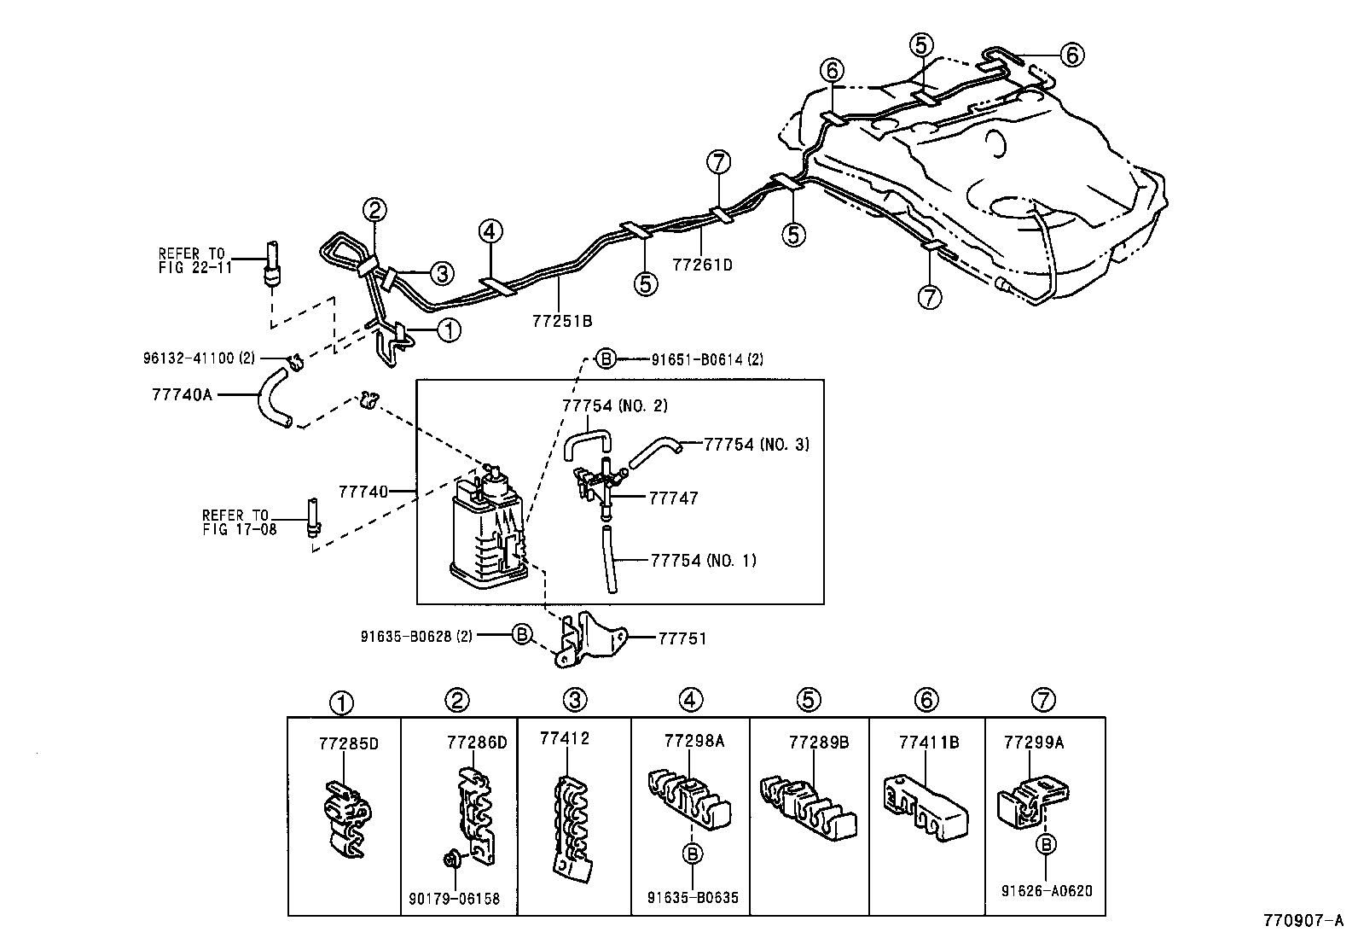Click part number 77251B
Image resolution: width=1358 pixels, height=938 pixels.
click(x=561, y=321)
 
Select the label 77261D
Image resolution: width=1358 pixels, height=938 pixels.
click(x=702, y=265)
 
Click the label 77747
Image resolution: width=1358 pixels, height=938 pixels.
click(x=673, y=498)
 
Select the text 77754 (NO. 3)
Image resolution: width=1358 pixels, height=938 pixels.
click(x=756, y=444)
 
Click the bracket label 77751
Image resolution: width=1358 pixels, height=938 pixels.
click(x=682, y=638)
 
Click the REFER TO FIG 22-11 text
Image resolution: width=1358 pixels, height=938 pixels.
click(x=191, y=260)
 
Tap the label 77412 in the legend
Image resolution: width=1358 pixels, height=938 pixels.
click(x=564, y=737)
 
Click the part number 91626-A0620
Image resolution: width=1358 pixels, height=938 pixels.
click(x=1046, y=890)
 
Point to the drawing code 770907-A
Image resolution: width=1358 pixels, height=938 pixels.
click(x=1304, y=922)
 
